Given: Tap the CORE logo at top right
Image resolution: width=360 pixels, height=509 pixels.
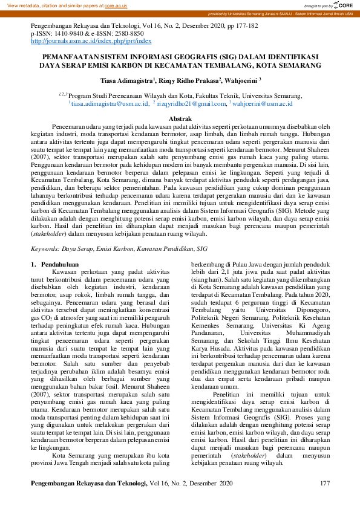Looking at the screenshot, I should (x=343, y=5).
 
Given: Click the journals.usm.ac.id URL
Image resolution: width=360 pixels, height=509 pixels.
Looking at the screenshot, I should (x=91, y=41).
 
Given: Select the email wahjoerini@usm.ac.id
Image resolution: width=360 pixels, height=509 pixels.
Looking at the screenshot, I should (x=246, y=104).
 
